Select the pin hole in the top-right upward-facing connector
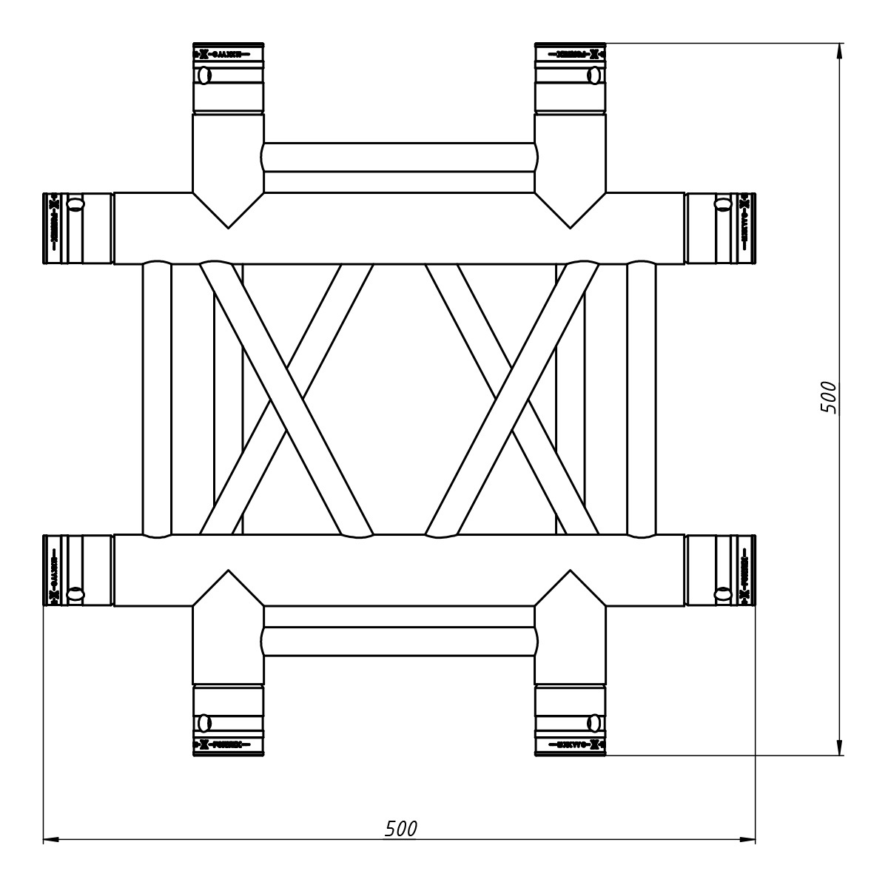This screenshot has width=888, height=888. [593, 75]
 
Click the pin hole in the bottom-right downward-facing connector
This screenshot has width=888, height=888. [593, 723]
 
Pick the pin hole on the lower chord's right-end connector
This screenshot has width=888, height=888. [724, 593]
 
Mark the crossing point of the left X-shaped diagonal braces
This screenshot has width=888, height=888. [286, 399]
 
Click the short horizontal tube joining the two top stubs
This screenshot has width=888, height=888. [399, 157]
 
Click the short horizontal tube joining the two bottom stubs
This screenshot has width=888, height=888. [399, 641]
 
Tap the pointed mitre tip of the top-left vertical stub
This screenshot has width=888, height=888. [228, 225]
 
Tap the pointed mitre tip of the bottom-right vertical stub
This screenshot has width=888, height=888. [570, 572]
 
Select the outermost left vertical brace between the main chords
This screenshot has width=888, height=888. [156, 399]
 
